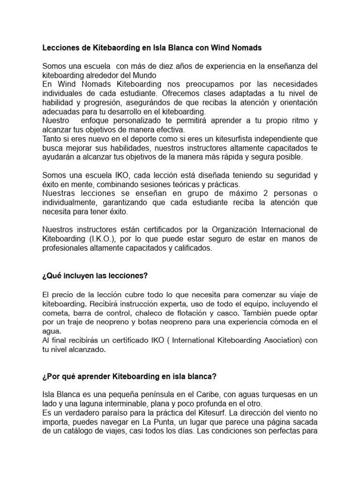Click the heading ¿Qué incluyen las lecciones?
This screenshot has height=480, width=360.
click(95, 276)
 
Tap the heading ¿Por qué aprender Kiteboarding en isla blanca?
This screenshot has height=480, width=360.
click(129, 376)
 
